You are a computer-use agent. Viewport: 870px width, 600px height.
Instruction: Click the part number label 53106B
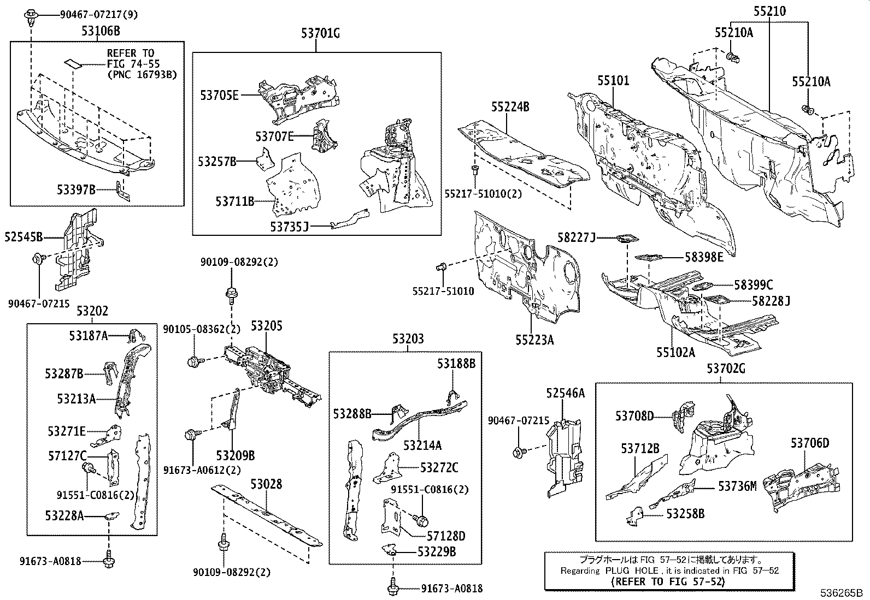101,31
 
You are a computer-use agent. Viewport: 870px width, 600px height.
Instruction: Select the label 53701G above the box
320,33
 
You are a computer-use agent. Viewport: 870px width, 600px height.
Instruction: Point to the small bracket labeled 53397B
124,191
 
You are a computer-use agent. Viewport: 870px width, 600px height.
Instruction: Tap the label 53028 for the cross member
266,484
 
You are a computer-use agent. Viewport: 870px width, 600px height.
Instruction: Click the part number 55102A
676,352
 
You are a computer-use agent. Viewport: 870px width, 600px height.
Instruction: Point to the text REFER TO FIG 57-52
668,582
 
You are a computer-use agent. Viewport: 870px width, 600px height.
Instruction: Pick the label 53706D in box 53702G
810,443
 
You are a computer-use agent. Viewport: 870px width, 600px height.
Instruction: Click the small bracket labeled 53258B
635,514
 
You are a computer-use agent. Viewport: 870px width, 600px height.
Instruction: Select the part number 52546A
565,393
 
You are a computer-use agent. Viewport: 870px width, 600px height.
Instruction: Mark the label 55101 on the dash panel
613,81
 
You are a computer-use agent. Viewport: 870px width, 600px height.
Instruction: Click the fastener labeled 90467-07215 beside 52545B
39,259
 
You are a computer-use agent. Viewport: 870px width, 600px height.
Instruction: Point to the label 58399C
753,285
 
